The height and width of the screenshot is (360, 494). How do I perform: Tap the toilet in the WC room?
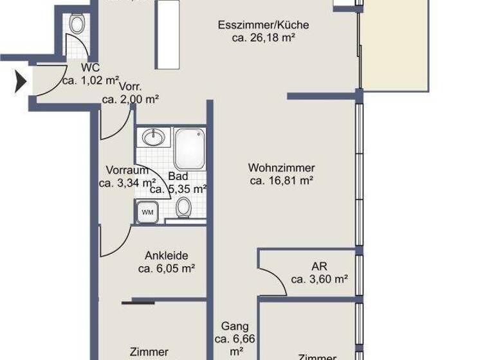77,25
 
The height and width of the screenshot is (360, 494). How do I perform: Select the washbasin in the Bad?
153,138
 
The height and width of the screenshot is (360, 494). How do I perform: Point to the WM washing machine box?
147,211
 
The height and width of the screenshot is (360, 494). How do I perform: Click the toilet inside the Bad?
184,207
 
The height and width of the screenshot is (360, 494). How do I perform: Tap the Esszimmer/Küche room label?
263,25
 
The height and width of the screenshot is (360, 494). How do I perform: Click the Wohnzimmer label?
281,168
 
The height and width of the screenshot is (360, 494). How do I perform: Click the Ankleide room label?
166,255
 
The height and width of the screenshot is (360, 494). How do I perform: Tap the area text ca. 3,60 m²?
319,279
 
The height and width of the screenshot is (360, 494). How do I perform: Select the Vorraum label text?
127,170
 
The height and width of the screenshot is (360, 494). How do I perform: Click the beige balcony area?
395,45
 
